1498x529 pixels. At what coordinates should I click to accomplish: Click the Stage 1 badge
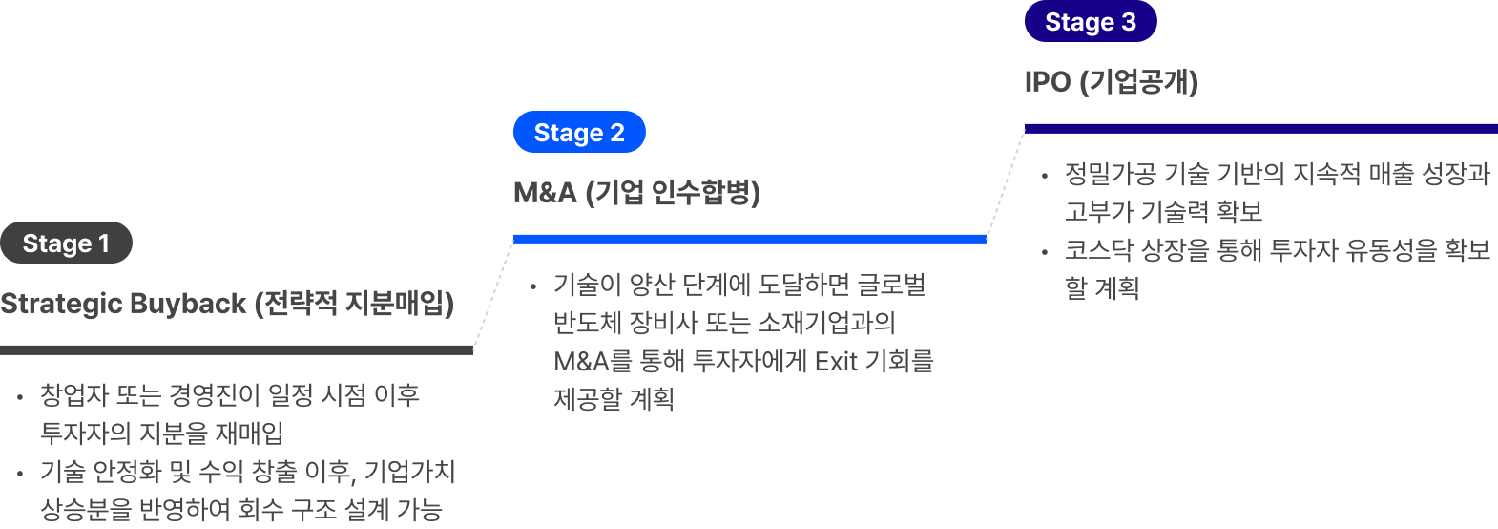[66, 243]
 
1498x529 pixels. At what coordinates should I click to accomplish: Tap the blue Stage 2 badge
[579, 133]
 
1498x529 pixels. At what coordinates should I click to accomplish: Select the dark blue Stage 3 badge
[1091, 22]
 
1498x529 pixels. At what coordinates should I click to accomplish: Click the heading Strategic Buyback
[227, 304]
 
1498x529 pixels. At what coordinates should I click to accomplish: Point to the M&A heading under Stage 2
[636, 193]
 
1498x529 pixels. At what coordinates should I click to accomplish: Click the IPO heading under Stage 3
[1111, 82]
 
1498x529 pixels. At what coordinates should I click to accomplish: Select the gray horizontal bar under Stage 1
[237, 349]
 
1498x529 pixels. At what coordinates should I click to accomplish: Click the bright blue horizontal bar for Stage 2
[749, 239]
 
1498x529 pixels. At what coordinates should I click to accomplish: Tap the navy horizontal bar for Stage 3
[1260, 128]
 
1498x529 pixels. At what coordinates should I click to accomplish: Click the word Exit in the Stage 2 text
[837, 361]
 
